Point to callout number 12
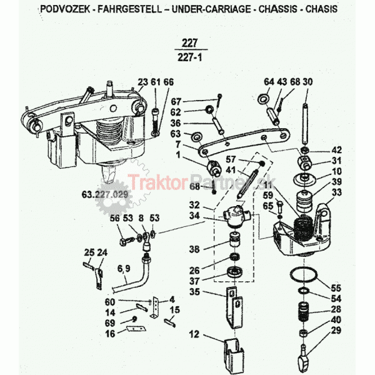[x=194, y=334]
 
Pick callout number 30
[x=307, y=82]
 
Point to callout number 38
[x=194, y=249]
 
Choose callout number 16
[x=110, y=334]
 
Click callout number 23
[x=142, y=82]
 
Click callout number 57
[x=231, y=159]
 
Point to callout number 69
[x=110, y=322]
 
